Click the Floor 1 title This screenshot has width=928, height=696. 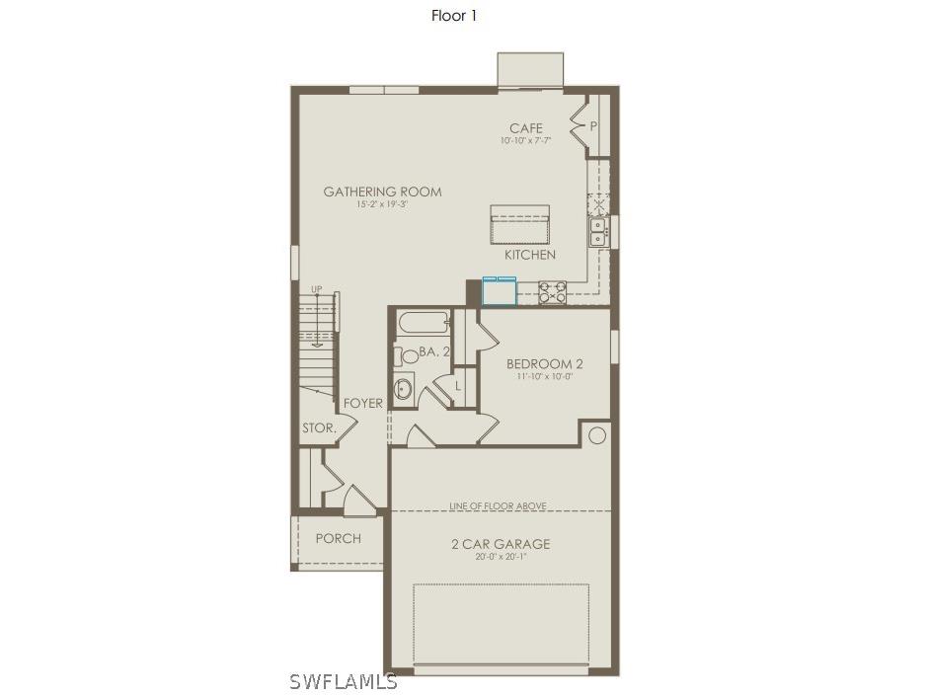[454, 15]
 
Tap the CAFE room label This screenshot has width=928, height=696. [525, 128]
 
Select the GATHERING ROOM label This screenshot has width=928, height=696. [382, 192]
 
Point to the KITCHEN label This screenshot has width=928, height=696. [530, 255]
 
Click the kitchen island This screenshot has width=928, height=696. [519, 225]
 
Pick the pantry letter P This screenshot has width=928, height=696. [593, 126]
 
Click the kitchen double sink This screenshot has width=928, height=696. [598, 232]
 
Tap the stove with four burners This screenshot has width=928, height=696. [553, 292]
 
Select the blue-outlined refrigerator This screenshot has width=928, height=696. [499, 292]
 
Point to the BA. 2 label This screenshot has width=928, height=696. [434, 351]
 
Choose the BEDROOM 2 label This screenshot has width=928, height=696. [538, 363]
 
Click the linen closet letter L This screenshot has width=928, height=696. [459, 387]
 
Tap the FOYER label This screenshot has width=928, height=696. [363, 403]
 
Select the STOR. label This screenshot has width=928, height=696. [319, 428]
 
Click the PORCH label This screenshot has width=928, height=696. [338, 538]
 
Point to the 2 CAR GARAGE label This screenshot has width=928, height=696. [501, 544]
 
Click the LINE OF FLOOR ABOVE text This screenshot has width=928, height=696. [498, 506]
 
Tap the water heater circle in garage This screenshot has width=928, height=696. [597, 434]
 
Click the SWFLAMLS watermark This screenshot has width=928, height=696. [344, 681]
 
